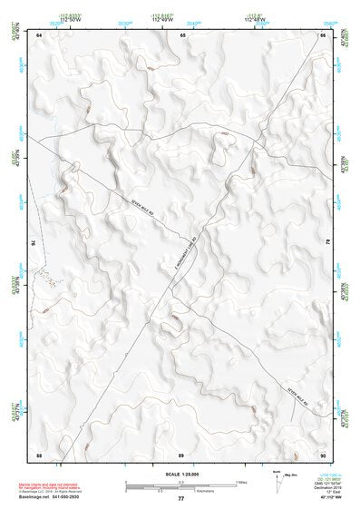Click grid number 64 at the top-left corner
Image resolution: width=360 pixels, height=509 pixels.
pos(40,34)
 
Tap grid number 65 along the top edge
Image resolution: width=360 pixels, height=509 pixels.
pos(182,34)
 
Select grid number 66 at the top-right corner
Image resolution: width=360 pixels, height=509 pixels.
pos(323,34)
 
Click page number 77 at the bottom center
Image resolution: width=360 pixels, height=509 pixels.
pos(181,498)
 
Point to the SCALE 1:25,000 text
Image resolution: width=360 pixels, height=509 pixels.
pos(181,474)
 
